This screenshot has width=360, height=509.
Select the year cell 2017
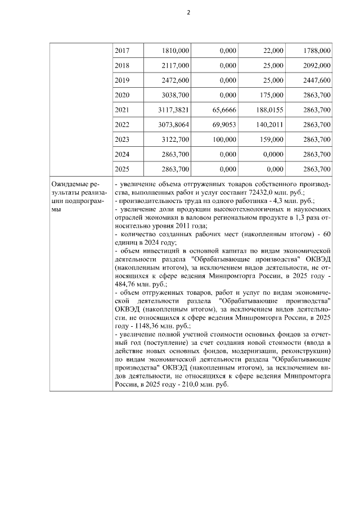121,51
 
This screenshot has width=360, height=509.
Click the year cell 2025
121,168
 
